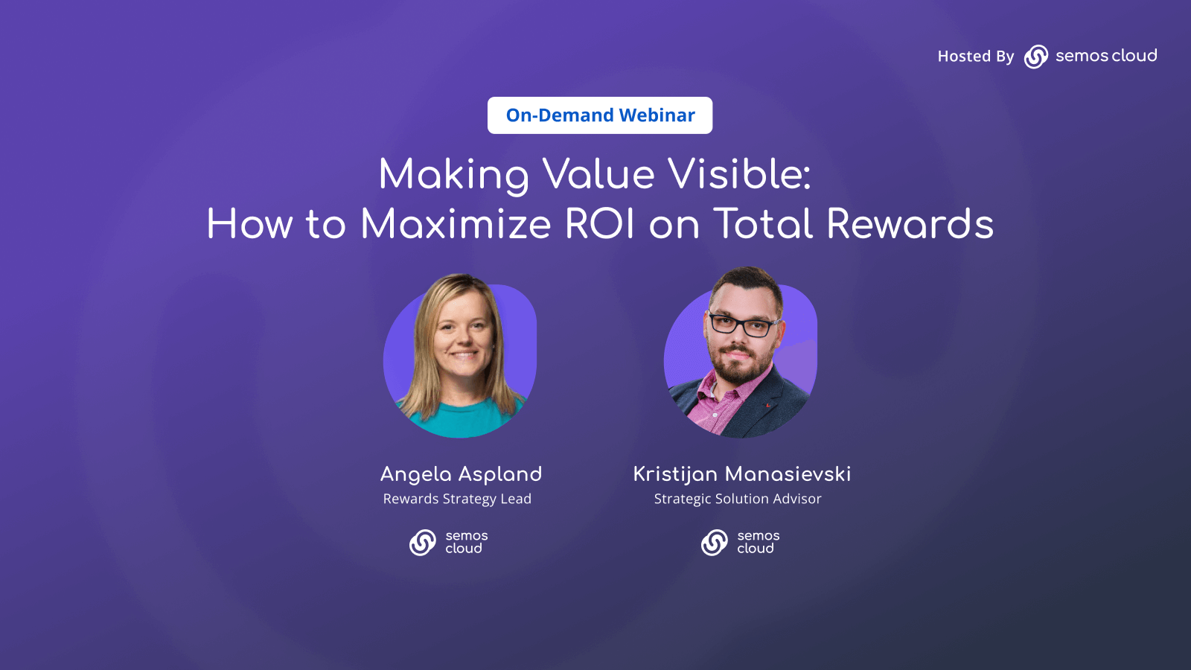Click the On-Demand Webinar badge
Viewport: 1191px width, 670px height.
coord(600,115)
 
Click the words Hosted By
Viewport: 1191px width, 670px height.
coord(975,57)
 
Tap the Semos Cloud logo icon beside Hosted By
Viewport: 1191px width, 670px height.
coord(1036,57)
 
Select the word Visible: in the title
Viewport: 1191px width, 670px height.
coord(739,175)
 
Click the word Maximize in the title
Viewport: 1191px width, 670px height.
coord(455,224)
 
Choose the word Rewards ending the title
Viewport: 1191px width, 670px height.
coord(910,224)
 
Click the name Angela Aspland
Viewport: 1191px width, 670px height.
coord(461,474)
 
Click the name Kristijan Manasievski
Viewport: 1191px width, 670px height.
coord(741,474)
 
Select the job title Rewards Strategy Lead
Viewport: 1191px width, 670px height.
coord(457,499)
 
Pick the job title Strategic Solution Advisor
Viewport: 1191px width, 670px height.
coord(738,499)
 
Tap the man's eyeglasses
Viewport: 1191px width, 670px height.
coord(741,325)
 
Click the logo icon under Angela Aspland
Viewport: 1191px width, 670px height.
coord(423,543)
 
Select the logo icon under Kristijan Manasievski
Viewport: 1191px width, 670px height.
coord(715,543)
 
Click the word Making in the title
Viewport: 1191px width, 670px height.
coord(453,175)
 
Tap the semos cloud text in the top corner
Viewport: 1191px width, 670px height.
coord(1106,56)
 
